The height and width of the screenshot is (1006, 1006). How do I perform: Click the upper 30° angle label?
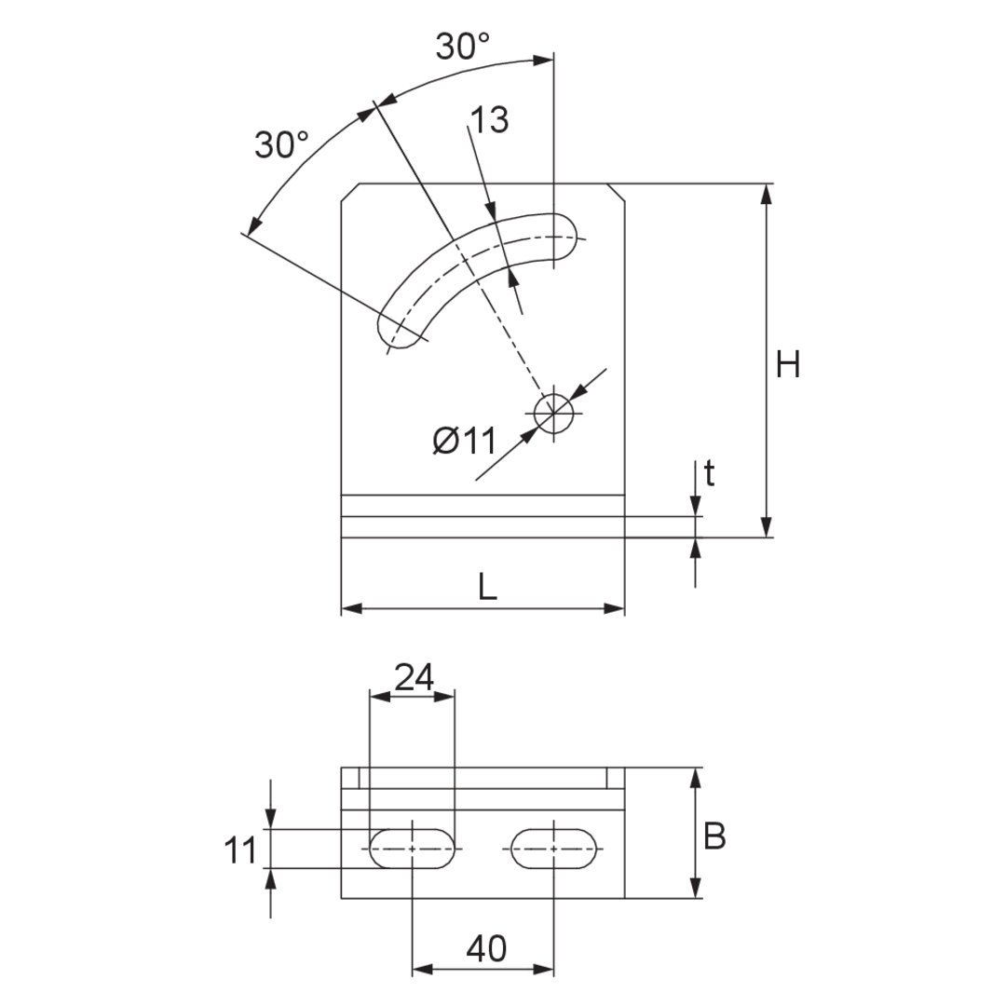[x=463, y=47]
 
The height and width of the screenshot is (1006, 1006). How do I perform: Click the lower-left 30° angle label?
[x=281, y=145]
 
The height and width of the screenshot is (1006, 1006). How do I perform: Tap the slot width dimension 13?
[x=490, y=120]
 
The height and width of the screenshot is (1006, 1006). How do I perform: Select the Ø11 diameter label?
[x=465, y=442]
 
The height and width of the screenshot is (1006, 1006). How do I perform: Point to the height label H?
[x=788, y=364]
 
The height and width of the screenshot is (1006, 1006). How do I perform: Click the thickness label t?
[x=709, y=474]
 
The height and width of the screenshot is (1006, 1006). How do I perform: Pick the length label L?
[x=487, y=587]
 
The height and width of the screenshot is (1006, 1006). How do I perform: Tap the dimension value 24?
[x=414, y=677]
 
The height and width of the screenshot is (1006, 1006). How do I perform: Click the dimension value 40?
[x=486, y=949]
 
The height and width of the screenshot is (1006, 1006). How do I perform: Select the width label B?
[x=714, y=836]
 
